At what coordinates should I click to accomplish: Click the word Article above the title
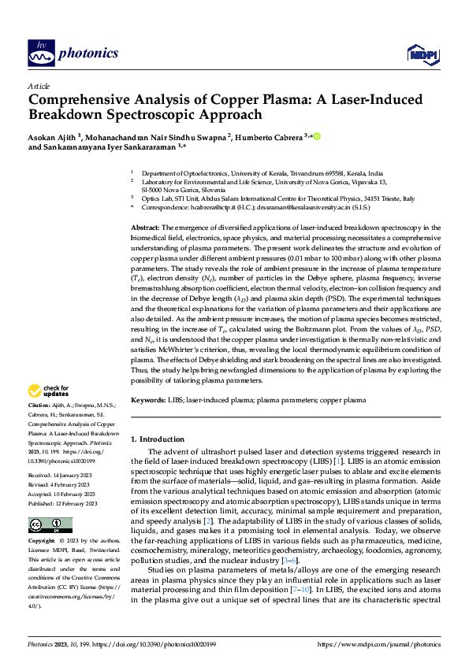pyautogui.click(x=39, y=86)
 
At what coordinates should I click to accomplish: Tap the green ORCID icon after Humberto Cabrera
pyautogui.click(x=318, y=136)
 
